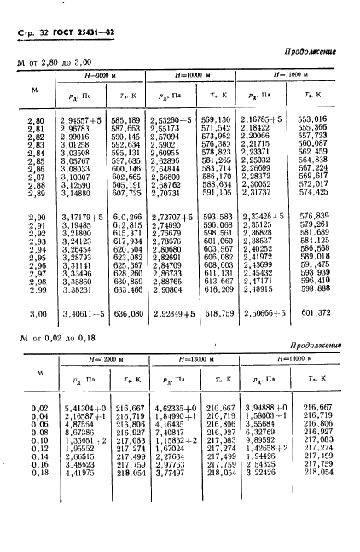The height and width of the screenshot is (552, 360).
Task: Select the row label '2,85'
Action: pos(35,160)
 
